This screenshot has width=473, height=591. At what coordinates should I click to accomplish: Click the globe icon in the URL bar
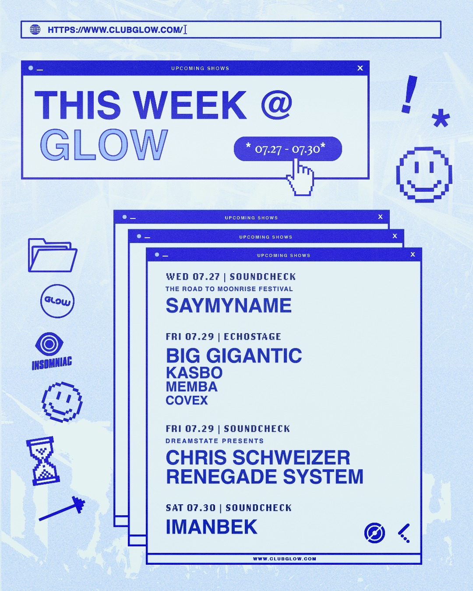(x=35, y=29)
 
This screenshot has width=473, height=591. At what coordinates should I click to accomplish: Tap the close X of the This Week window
(x=360, y=68)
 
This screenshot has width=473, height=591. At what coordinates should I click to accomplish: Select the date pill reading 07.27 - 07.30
(x=288, y=148)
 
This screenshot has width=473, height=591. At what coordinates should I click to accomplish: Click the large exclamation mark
(x=409, y=94)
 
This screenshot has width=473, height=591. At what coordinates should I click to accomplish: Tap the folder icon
(x=53, y=255)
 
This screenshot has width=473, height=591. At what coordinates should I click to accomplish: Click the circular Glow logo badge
(x=57, y=301)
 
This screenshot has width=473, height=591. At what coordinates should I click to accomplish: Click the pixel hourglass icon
(x=43, y=461)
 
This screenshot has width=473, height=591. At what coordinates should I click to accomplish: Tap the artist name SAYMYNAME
(x=228, y=306)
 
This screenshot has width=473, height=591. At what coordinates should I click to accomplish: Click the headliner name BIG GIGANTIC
(x=234, y=355)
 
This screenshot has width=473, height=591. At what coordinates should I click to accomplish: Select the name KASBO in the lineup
(x=194, y=373)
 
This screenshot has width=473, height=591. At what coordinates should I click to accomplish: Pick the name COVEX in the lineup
(x=187, y=401)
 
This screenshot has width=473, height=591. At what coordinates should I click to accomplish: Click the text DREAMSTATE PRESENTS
(x=215, y=441)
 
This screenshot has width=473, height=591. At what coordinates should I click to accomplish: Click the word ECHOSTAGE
(x=253, y=337)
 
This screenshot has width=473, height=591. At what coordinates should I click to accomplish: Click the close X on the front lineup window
(x=413, y=255)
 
